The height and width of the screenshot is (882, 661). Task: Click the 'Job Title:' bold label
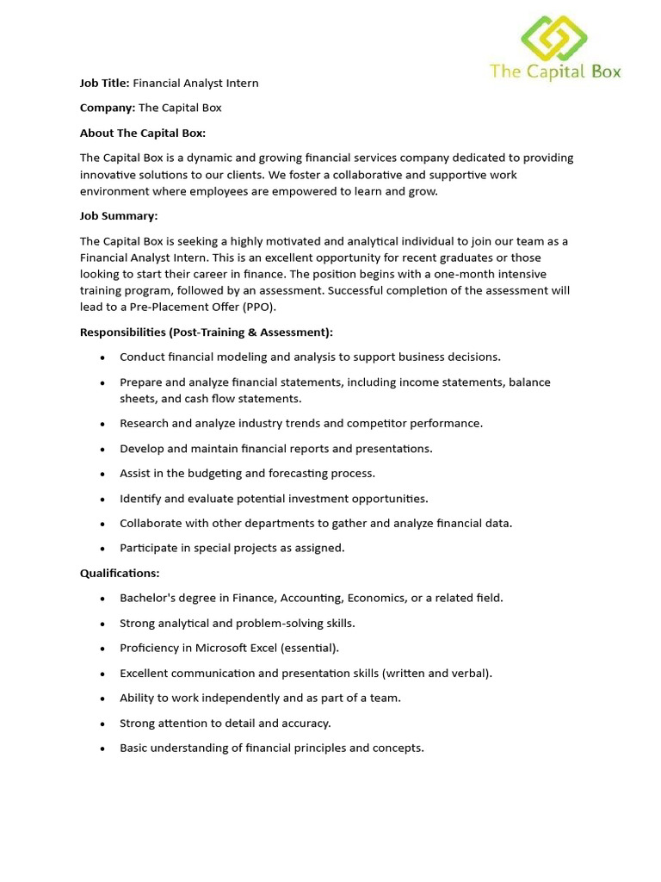[x=104, y=84]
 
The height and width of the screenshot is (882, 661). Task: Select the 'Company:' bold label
[x=108, y=109]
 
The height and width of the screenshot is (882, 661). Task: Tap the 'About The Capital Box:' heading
[x=143, y=134]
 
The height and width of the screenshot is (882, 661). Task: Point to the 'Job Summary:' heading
[x=119, y=216]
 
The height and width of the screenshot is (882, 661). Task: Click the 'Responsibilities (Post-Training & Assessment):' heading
[x=207, y=332]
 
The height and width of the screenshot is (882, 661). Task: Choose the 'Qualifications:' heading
[x=120, y=573]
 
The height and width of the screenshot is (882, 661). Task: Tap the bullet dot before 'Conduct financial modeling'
[x=102, y=357]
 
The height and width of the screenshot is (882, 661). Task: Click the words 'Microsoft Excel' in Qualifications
[x=238, y=648]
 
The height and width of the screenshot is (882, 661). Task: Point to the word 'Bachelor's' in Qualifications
[x=147, y=598]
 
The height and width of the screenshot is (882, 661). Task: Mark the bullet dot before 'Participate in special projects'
[x=102, y=549]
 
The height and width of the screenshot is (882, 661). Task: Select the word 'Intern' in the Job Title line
[x=242, y=84]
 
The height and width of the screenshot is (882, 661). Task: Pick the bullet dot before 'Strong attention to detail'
[x=102, y=724]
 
